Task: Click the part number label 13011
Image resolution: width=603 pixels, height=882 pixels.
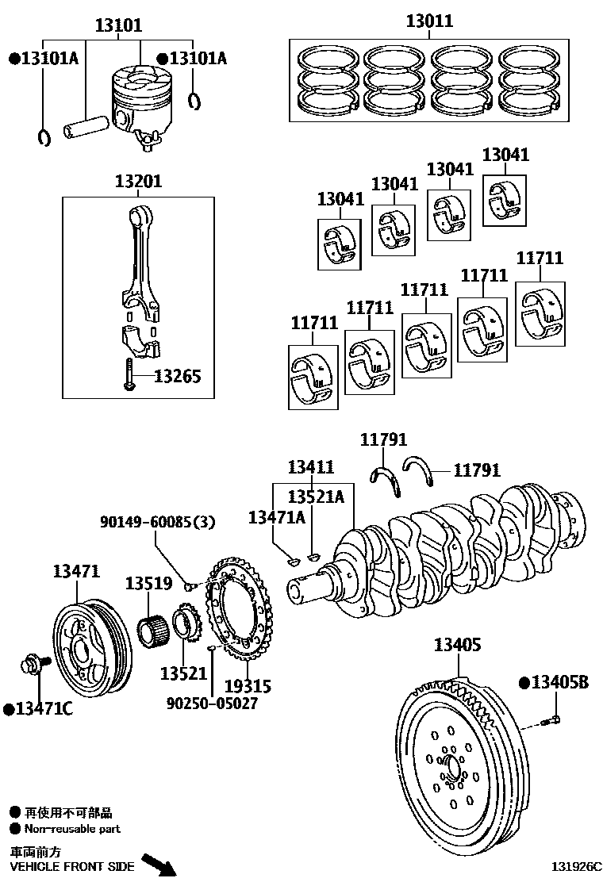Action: (x=429, y=21)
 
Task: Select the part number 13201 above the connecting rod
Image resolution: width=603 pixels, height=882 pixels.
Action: (x=138, y=182)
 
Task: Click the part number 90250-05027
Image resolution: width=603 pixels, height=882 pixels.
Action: (x=212, y=703)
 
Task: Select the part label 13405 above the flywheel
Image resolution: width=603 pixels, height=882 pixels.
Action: (x=457, y=646)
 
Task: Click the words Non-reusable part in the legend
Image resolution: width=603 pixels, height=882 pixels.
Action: (x=72, y=829)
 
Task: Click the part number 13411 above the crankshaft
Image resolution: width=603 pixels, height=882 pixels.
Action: (x=310, y=467)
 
